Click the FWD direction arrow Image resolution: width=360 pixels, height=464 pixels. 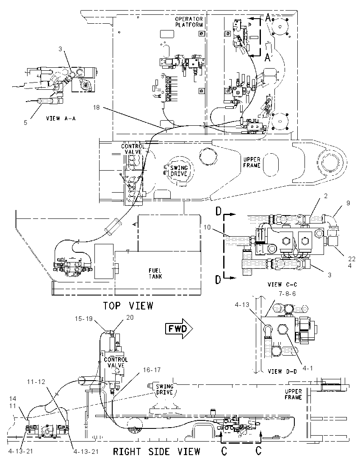179,329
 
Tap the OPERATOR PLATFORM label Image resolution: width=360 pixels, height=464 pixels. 189,22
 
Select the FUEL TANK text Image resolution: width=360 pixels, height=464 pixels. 155,273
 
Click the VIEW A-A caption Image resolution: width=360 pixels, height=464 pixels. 61,119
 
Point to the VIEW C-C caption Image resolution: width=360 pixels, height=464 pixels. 282,284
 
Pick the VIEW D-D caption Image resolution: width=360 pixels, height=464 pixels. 282,371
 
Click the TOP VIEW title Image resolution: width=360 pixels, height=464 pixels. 128,305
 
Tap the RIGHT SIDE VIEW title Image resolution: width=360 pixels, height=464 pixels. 157,452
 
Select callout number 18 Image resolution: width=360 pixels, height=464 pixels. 97,108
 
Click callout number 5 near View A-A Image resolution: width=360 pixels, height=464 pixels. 26,122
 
